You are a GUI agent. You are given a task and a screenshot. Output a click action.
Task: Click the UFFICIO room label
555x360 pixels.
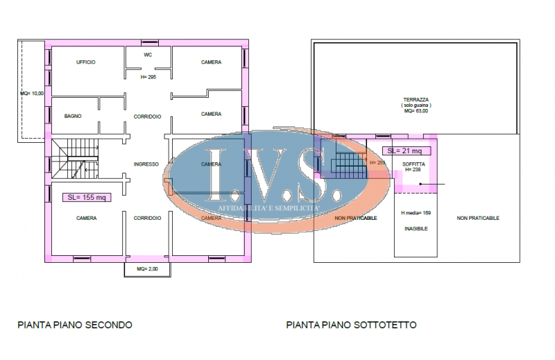point(86,62)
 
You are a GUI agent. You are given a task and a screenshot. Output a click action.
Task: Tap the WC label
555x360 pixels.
point(148,54)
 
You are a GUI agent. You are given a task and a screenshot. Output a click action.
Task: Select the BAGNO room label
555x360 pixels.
point(73,116)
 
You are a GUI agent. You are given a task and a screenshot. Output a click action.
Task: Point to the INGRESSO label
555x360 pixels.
point(146,164)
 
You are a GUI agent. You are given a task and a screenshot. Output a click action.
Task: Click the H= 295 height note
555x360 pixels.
point(148,77)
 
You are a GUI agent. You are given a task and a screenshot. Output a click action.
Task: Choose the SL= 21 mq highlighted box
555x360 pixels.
point(407,151)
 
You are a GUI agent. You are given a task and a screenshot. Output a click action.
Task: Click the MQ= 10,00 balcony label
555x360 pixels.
point(32,93)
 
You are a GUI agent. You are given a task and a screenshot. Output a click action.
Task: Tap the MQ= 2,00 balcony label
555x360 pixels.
point(147,268)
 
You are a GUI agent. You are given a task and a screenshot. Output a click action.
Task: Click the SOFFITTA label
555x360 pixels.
point(413,164)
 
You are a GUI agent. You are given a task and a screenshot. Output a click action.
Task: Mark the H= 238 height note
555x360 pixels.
point(413,169)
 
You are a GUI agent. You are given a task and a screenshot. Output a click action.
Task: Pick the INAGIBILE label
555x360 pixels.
point(416,228)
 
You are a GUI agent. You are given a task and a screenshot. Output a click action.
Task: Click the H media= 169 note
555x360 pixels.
point(416,213)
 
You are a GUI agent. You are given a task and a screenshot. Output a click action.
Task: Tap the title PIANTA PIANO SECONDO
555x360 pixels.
point(75,325)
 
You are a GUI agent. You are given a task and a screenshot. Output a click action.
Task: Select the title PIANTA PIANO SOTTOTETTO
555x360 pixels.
point(352,325)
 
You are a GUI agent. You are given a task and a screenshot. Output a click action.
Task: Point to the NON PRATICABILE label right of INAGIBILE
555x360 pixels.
point(478,218)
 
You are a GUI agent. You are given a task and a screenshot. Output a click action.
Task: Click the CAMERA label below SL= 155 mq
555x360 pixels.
point(86,218)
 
